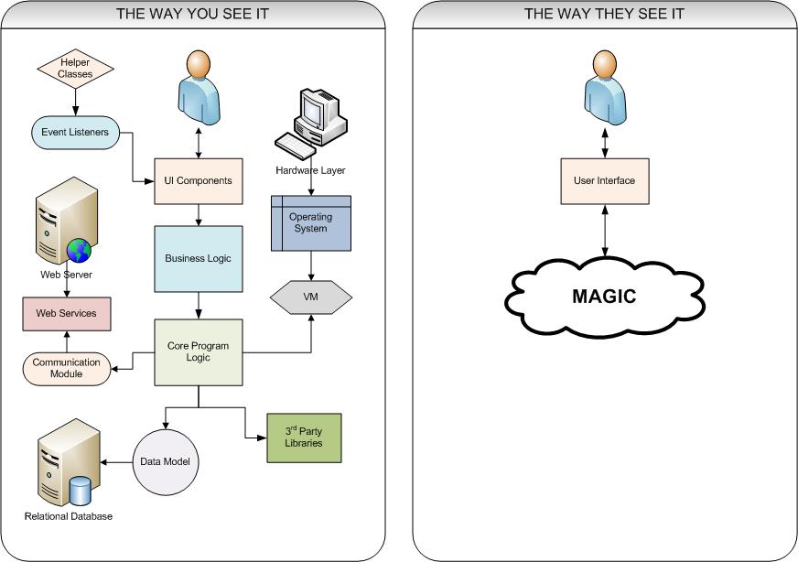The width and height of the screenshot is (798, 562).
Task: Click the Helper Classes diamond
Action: tap(75, 68)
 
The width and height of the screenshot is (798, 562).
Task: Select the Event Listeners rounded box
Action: tap(75, 132)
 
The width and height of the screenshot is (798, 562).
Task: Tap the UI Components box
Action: tap(199, 179)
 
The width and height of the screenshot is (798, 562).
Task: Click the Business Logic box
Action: tap(199, 258)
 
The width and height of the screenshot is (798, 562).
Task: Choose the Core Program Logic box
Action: tap(199, 351)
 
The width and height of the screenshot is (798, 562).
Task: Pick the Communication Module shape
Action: tap(66, 368)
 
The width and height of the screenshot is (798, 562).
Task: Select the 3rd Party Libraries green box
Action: tap(296, 438)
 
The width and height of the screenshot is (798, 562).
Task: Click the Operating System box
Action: tap(310, 223)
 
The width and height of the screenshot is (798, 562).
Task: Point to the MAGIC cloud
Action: tap(604, 297)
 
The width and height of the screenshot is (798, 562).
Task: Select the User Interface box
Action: tap(604, 180)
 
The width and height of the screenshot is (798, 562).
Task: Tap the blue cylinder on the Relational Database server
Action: tap(81, 491)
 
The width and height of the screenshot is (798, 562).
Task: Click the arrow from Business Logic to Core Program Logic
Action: tap(199, 304)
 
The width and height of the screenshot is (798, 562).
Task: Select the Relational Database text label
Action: tap(69, 517)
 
